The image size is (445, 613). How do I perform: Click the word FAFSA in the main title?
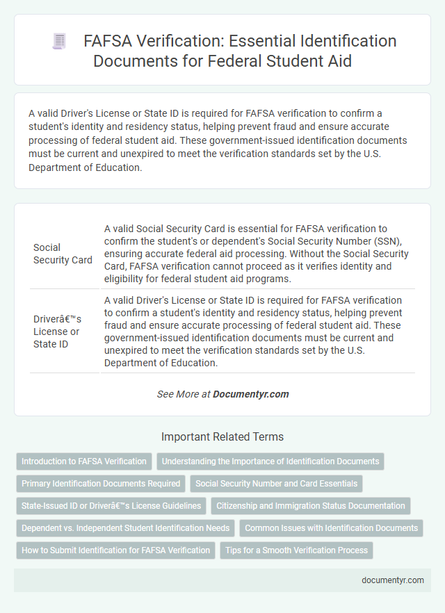tap(106, 42)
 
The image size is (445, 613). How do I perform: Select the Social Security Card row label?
tap(63, 254)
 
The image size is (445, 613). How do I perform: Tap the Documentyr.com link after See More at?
tap(250, 394)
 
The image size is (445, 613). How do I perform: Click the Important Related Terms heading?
tap(222, 437)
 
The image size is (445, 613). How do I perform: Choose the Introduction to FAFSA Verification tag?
tap(84, 461)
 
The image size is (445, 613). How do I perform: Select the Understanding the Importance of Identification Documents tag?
tap(270, 461)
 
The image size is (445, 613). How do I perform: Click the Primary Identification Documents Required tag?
tap(100, 484)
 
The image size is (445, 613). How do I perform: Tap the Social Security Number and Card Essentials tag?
tap(277, 484)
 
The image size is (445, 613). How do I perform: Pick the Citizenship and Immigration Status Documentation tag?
tap(310, 506)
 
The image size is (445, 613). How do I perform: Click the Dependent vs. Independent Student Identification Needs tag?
tap(125, 528)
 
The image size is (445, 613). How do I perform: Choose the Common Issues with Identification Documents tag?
tap(331, 528)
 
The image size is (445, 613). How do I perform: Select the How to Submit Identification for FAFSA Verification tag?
tap(115, 550)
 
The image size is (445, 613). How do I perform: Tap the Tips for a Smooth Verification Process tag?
tap(297, 550)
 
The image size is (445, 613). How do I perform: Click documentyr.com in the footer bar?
tap(392, 580)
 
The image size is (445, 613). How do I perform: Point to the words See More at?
tap(184, 394)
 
